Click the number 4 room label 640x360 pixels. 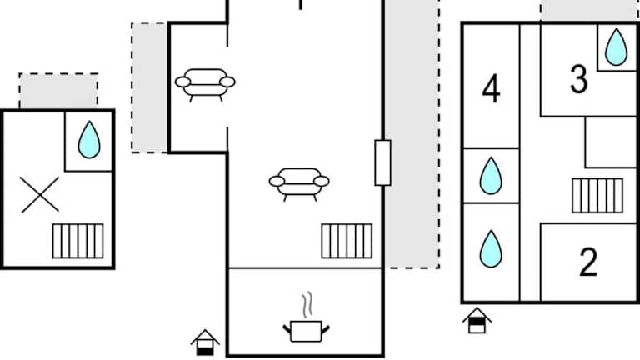491,90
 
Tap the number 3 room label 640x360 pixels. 578,80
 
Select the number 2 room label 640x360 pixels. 588,263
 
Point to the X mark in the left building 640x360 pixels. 40,194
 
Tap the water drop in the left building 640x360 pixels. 89,140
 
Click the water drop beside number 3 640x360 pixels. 616,47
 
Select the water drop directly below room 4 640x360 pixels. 491,176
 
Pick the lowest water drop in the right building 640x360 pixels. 491,248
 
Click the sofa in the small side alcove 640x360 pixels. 205,83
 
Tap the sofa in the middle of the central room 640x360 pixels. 299,182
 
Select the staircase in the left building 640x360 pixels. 78,241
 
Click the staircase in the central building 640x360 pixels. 347,241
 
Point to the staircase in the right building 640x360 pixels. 597,196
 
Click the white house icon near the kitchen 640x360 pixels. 205,342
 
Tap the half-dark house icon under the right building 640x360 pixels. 477,320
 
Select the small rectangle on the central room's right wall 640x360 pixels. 382,162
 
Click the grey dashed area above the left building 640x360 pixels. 58,91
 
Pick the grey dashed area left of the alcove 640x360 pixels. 150,87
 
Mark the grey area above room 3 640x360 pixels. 588,10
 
